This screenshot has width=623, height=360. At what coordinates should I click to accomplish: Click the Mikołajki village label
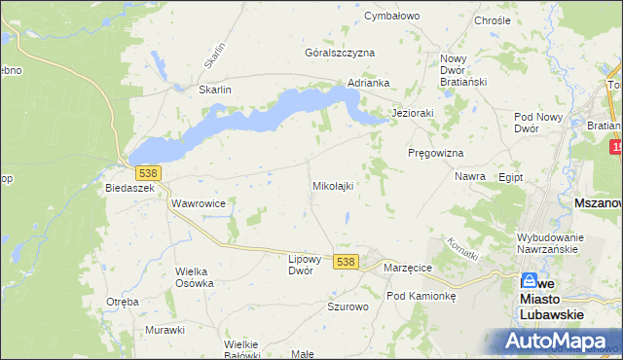click(332, 185)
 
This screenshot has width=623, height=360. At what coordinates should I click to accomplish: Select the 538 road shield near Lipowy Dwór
click(346, 262)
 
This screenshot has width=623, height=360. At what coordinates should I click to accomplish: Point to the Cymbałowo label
click(390, 17)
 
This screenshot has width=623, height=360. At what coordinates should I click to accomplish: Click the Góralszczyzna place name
click(340, 53)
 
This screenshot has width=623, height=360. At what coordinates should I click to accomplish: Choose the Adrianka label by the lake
click(369, 84)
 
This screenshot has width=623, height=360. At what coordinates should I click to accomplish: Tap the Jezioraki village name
click(412, 113)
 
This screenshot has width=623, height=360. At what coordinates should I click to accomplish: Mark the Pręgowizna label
click(434, 154)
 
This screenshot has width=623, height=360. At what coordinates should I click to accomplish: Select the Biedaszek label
click(130, 188)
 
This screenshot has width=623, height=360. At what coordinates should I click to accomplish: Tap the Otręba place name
click(123, 302)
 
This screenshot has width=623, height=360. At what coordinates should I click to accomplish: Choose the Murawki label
click(165, 330)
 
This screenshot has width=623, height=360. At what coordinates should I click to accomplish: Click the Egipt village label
click(510, 178)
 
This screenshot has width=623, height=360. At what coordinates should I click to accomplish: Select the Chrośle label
click(492, 20)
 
